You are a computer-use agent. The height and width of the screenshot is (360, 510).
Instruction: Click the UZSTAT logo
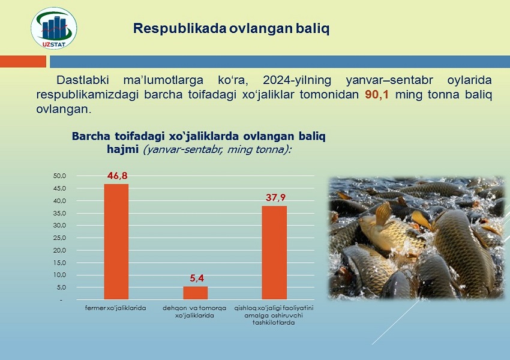coord(54,28)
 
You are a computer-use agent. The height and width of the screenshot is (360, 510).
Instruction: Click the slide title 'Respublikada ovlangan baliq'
coord(231,28)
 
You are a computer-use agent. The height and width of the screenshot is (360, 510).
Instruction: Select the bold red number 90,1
coord(377,95)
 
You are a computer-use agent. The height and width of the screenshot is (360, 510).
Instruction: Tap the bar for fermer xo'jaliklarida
coord(116,242)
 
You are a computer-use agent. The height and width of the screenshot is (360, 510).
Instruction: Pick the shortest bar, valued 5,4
coord(195,293)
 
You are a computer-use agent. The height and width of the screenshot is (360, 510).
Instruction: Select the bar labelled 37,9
coord(274,253)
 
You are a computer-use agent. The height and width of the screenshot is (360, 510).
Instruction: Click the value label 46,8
coord(118,176)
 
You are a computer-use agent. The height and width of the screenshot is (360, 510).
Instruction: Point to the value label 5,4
coord(197,278)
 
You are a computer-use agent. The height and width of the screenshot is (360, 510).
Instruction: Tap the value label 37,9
coord(275,197)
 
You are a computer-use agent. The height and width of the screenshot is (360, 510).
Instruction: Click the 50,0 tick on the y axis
coord(59,176)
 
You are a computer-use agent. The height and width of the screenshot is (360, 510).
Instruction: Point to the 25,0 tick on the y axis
coord(59,238)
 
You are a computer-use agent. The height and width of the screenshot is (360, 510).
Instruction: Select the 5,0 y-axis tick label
coord(61,287)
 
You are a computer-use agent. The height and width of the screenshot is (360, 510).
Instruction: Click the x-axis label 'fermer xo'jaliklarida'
coord(115,308)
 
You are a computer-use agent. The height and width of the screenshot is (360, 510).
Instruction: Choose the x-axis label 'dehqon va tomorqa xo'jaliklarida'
coord(194,311)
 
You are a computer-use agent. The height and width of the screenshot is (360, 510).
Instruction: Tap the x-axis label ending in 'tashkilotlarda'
coord(274,315)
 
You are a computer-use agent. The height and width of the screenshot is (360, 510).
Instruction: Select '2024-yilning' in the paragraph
coord(297,80)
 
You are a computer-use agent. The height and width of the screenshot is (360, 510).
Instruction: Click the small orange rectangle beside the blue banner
coord(23,61)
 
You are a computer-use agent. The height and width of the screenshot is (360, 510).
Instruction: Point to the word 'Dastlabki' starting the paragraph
coord(83,80)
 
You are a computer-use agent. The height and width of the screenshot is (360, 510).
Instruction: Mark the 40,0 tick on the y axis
coord(59,200)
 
